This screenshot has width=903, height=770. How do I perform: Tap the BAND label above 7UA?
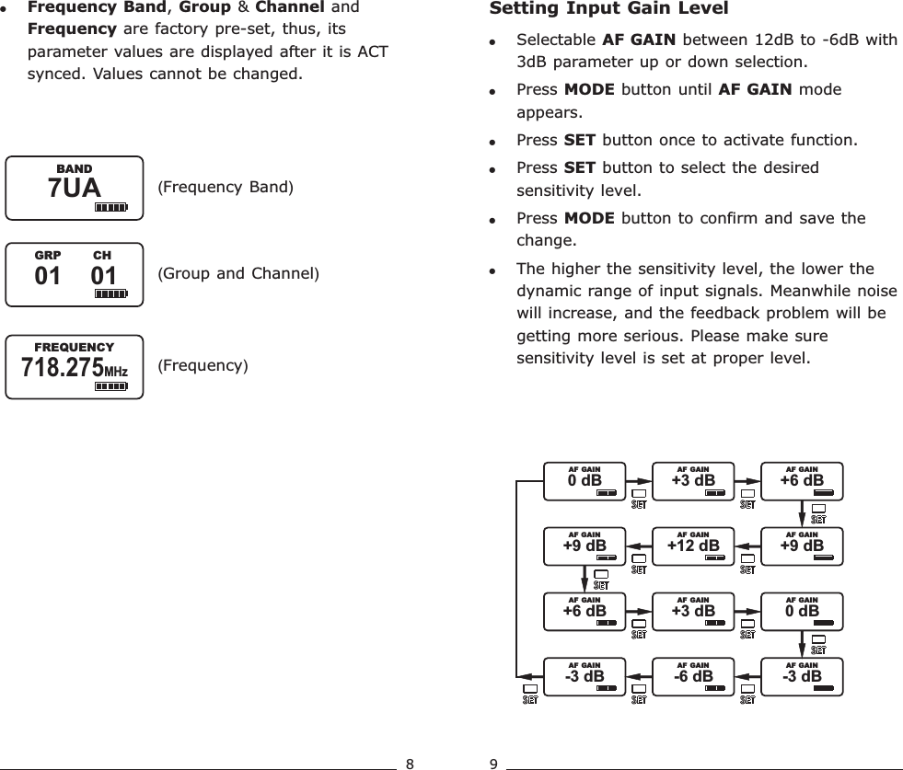(x=75, y=169)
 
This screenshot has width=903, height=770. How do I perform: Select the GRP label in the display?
(x=47, y=255)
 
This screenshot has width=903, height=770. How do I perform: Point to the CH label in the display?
(x=102, y=255)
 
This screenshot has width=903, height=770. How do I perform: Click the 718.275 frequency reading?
(x=62, y=368)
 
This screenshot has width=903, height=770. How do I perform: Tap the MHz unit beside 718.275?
(x=115, y=371)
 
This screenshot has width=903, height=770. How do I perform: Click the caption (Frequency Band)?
(x=225, y=189)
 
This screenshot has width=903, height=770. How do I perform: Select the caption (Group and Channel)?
(x=237, y=273)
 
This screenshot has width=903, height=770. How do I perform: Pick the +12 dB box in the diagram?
(x=693, y=544)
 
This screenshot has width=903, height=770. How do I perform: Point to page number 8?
(x=410, y=763)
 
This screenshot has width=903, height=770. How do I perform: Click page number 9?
(x=493, y=763)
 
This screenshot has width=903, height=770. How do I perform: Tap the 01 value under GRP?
(x=47, y=275)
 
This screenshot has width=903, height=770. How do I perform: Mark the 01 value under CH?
(x=104, y=275)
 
